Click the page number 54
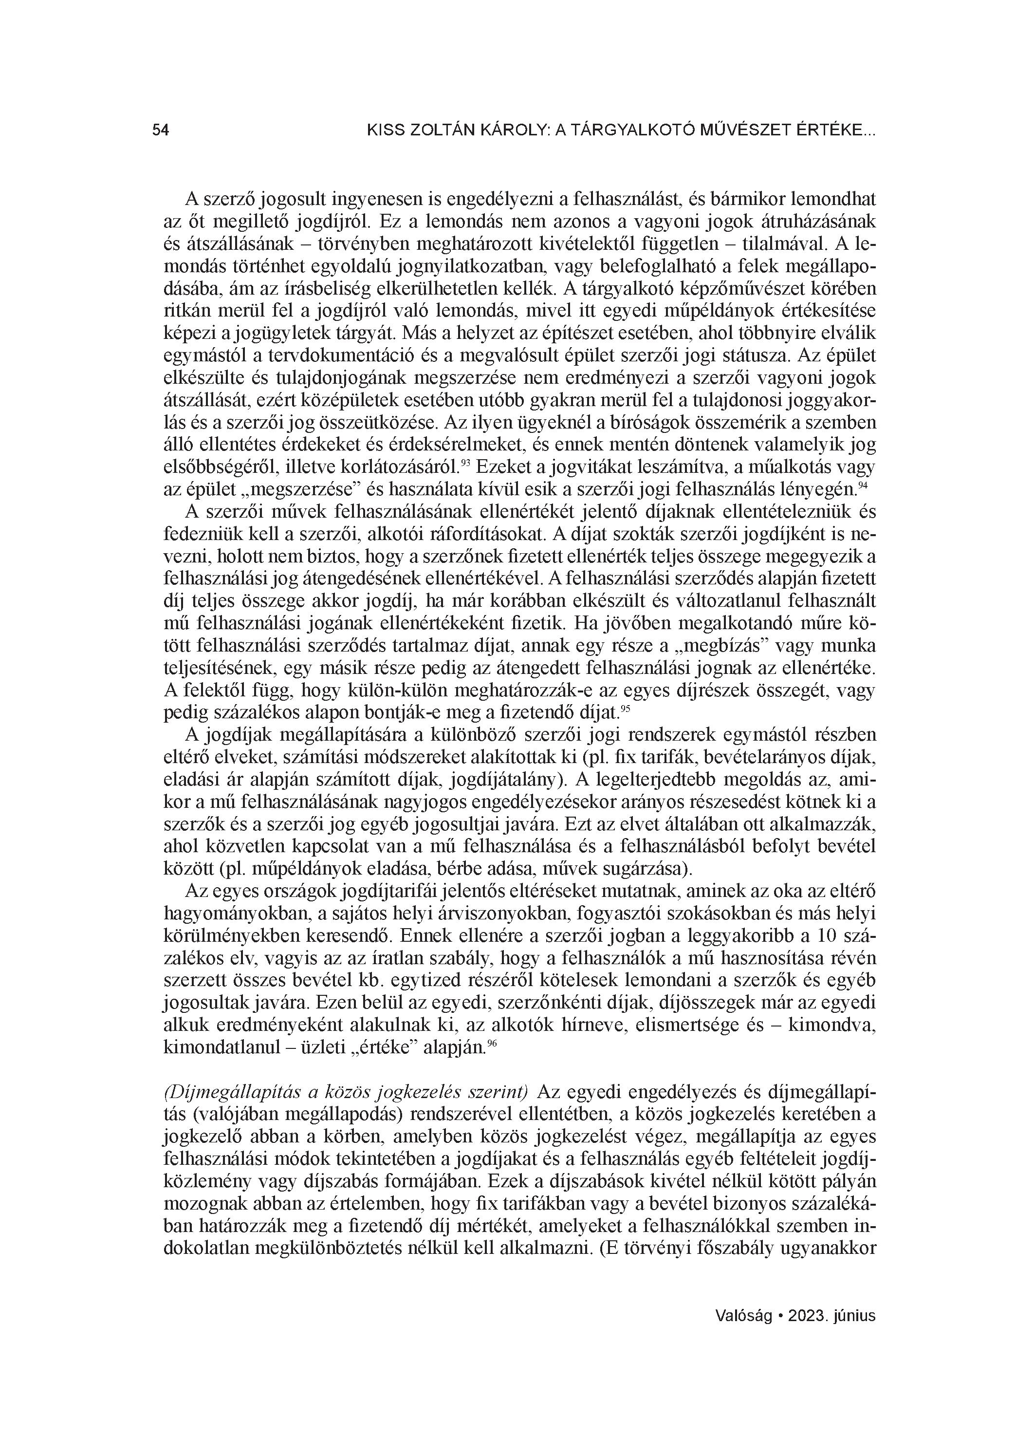coord(160,131)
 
